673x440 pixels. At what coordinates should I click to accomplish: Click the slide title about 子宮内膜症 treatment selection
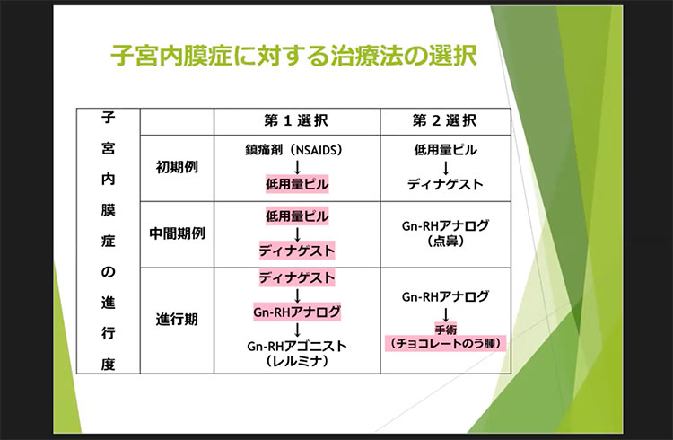pyautogui.click(x=293, y=57)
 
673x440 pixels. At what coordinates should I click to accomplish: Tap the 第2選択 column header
pyautogui.click(x=444, y=120)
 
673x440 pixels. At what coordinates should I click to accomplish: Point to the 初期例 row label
pyautogui.click(x=178, y=168)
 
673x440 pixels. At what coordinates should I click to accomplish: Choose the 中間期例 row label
pyautogui.click(x=178, y=233)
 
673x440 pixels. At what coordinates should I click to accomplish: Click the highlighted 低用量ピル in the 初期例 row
pyautogui.click(x=296, y=185)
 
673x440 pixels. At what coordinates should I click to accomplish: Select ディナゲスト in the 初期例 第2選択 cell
pyautogui.click(x=445, y=185)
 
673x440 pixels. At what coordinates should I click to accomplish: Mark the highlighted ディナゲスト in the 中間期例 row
pyautogui.click(x=296, y=251)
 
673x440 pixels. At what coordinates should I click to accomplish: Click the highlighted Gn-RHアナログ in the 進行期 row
pyautogui.click(x=296, y=312)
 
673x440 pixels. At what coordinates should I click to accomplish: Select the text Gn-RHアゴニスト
pyautogui.click(x=296, y=346)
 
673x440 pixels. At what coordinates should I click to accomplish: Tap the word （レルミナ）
pyautogui.click(x=296, y=362)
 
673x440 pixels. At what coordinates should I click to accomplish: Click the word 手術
pyautogui.click(x=446, y=330)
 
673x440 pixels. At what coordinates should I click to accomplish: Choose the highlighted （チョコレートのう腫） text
pyautogui.click(x=446, y=343)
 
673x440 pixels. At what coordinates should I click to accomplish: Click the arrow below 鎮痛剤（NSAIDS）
pyautogui.click(x=296, y=166)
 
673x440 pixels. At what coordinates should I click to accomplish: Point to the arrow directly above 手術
pyautogui.click(x=445, y=314)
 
